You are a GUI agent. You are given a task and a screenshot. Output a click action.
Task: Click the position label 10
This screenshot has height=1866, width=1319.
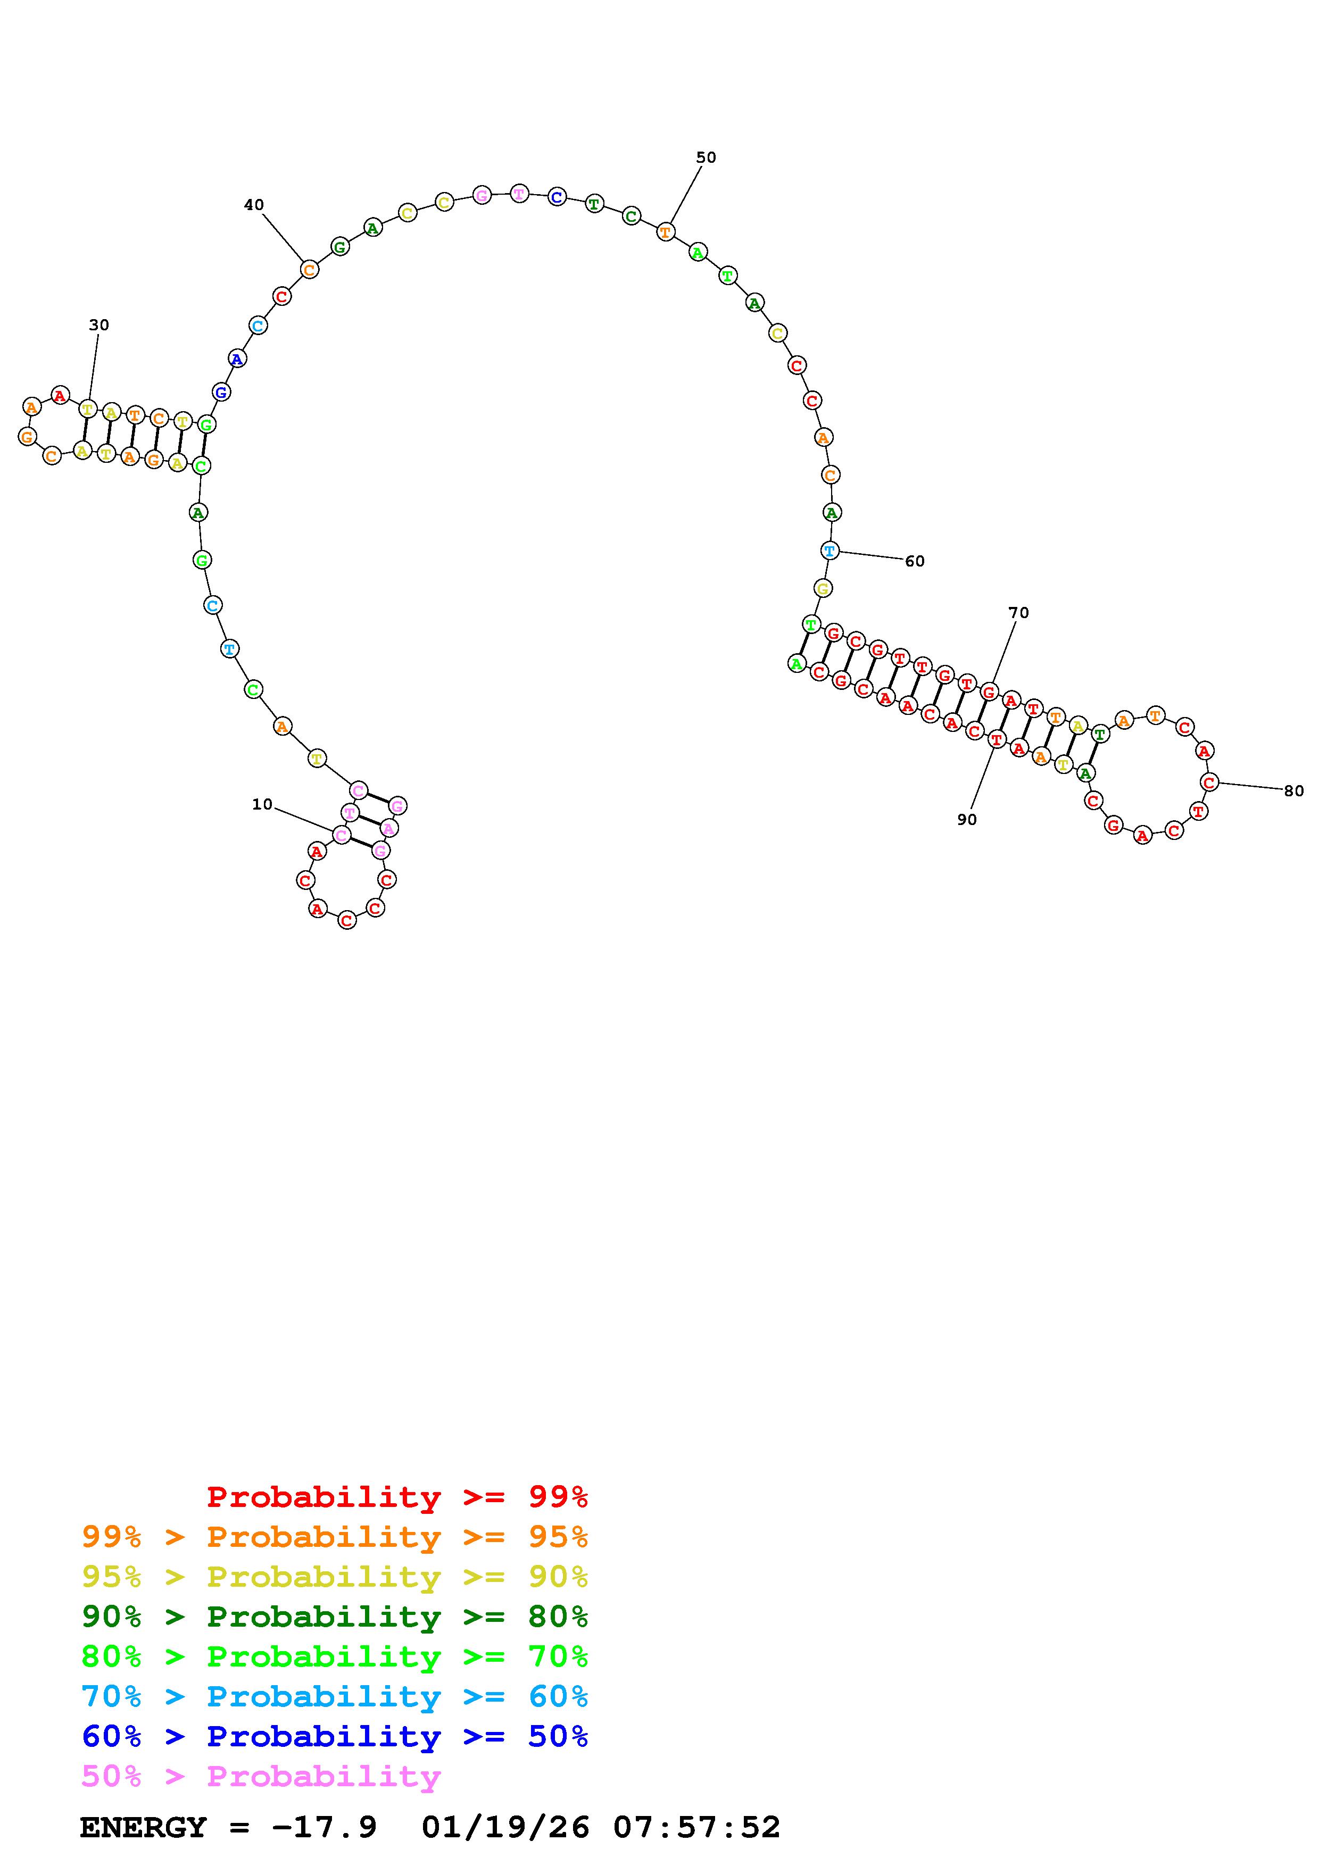262,805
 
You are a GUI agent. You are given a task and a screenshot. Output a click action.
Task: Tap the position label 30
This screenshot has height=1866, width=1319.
98,325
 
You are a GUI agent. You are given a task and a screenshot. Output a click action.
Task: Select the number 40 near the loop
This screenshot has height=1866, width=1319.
254,205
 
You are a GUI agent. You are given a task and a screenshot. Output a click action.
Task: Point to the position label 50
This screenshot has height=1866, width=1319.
706,157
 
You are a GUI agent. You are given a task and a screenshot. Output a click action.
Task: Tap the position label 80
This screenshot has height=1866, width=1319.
1294,791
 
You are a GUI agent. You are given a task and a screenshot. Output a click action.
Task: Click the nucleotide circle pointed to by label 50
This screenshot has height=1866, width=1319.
666,231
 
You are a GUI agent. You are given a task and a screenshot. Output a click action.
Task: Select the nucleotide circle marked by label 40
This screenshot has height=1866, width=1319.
309,269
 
